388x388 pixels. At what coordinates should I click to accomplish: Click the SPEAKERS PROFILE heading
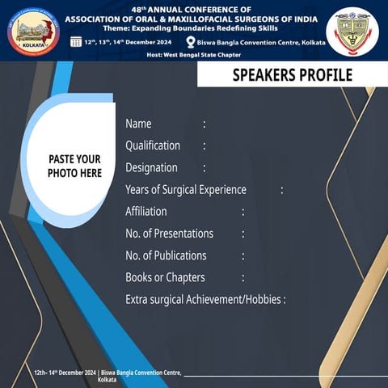point(292,76)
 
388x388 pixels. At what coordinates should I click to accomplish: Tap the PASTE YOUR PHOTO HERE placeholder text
point(74,166)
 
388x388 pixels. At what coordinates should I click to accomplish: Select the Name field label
point(138,124)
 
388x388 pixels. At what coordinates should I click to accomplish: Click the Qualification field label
point(153,145)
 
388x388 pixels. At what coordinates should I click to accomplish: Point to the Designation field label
point(151,167)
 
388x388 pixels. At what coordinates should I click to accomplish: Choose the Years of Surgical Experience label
point(186,189)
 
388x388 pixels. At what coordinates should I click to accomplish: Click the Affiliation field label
point(146,211)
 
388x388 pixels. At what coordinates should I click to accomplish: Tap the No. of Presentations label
point(170,233)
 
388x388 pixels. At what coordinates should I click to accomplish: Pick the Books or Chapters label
point(165,277)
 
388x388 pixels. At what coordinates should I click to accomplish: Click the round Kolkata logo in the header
point(33,32)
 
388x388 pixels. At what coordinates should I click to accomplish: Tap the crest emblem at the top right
point(352,31)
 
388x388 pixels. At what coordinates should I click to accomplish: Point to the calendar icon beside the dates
point(76,41)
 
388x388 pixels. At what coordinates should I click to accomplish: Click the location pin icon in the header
point(191,41)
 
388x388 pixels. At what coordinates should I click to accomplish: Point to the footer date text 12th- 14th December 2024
point(65,373)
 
